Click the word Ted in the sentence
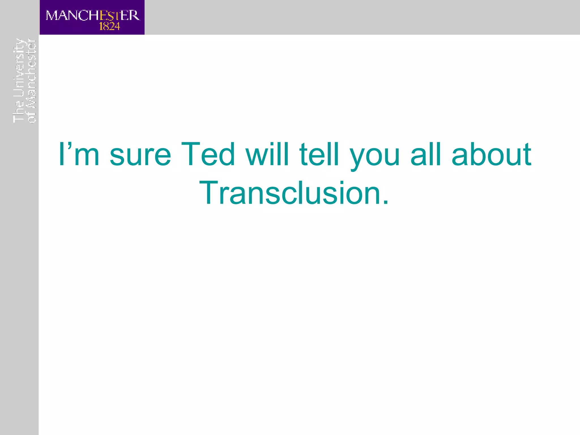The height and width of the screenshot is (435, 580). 208,155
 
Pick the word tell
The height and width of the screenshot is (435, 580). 319,155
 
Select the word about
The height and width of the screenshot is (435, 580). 491,155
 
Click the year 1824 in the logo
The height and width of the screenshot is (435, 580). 110,27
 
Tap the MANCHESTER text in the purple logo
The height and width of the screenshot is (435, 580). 93,16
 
